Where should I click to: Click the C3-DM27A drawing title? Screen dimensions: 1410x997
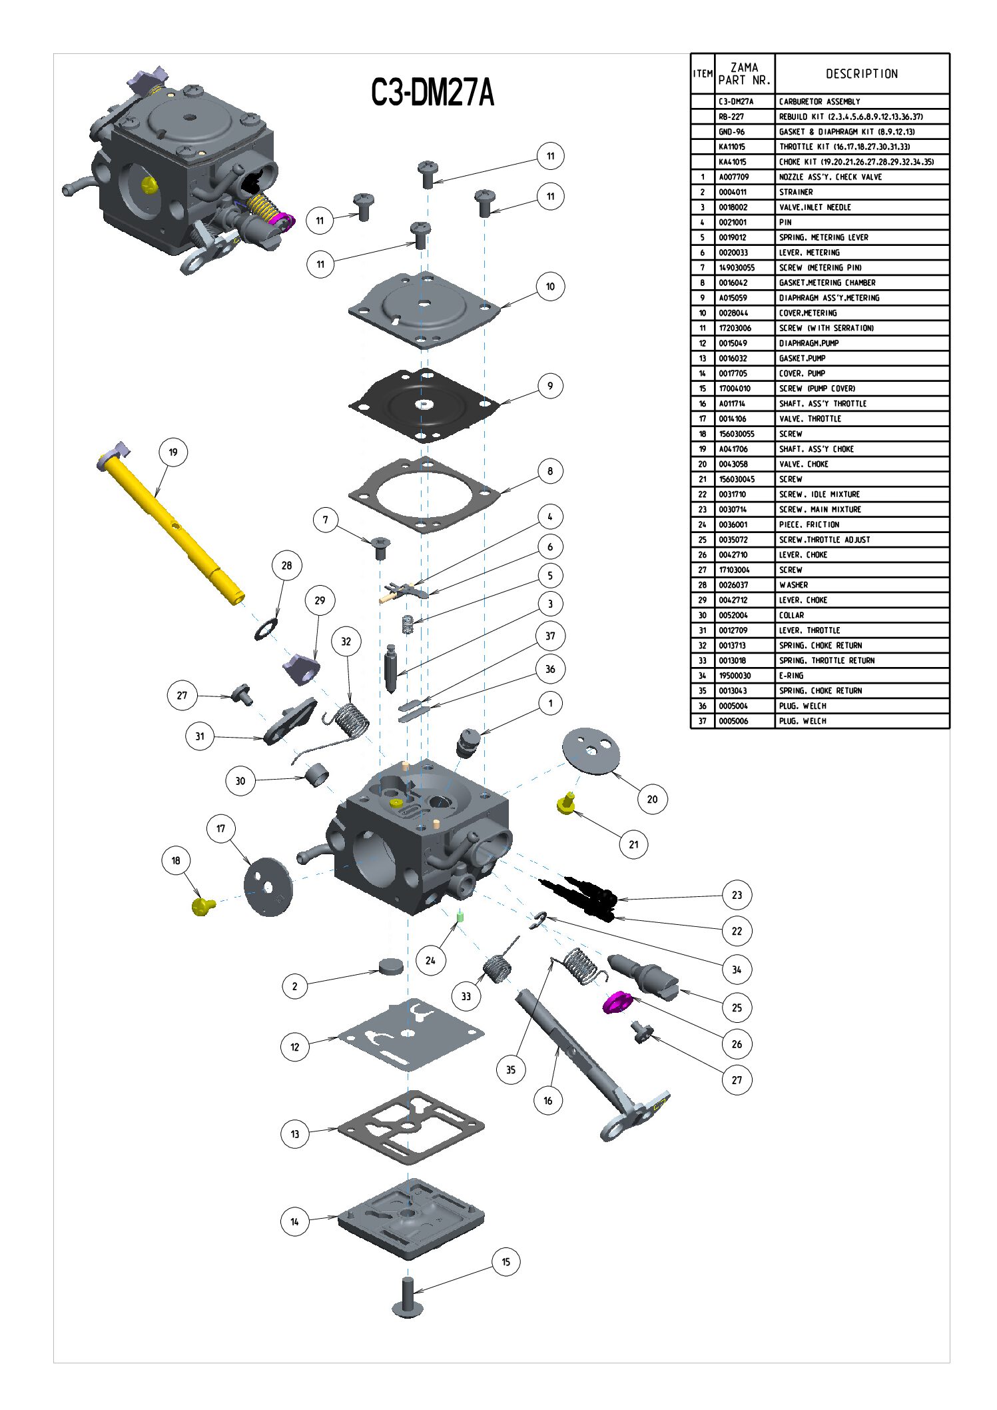click(x=432, y=92)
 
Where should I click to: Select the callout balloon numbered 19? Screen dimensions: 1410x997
click(x=173, y=452)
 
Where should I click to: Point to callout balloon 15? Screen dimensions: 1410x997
click(x=505, y=1261)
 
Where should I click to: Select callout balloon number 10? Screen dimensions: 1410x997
click(x=550, y=287)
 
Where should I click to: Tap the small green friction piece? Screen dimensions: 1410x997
click(x=460, y=917)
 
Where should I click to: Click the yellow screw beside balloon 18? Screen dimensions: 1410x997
click(x=202, y=906)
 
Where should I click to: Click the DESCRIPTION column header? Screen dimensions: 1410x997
click(x=862, y=74)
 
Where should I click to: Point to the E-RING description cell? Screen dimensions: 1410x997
click(x=792, y=676)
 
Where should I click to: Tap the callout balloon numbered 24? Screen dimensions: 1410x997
click(x=430, y=960)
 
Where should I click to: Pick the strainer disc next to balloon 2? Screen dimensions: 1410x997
click(x=390, y=967)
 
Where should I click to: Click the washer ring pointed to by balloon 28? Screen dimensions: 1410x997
click(x=266, y=629)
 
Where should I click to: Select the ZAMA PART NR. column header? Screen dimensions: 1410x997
click(x=745, y=74)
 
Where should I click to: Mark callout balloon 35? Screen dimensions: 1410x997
click(x=511, y=1069)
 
